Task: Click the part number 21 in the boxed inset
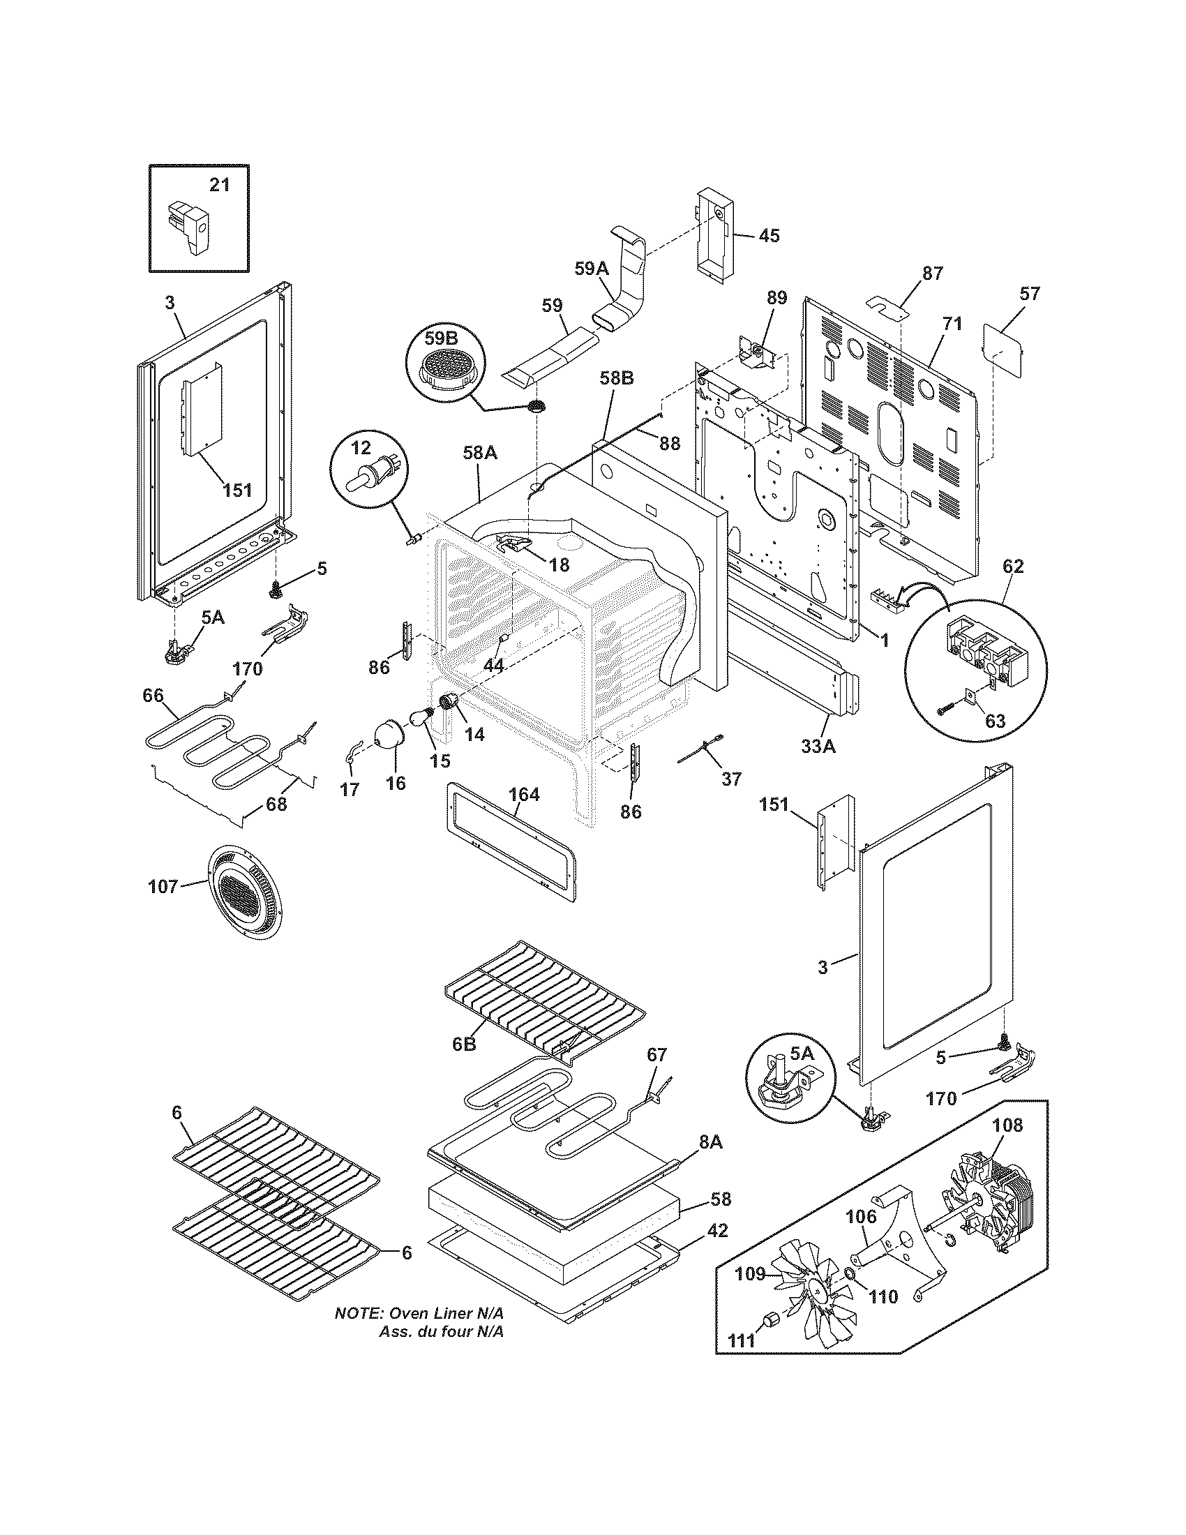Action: tap(220, 185)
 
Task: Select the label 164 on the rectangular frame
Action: tap(524, 794)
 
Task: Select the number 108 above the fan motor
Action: tap(1007, 1125)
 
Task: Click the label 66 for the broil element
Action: tap(153, 696)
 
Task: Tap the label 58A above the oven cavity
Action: tap(480, 454)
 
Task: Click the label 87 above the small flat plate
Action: tap(932, 274)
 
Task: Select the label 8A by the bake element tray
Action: tap(710, 1142)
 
